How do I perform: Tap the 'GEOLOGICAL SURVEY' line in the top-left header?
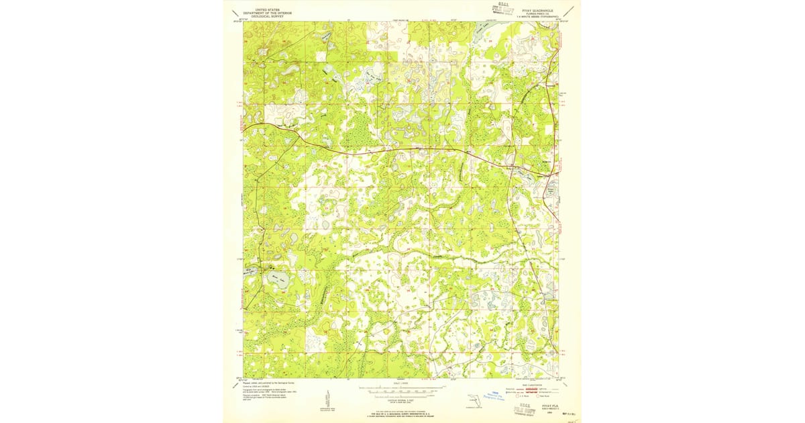[x=263, y=16]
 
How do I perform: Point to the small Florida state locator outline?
[x=474, y=401]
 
